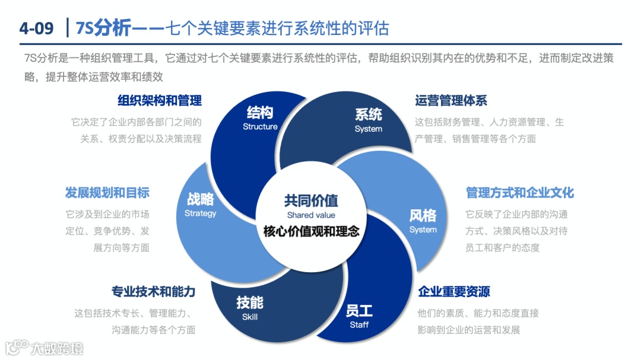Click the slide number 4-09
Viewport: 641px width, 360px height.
(36, 27)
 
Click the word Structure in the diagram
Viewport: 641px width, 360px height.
(260, 126)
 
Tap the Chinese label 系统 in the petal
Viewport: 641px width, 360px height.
(368, 114)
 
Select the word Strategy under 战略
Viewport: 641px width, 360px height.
(201, 213)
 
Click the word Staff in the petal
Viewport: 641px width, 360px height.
(359, 324)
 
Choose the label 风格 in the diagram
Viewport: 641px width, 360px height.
(423, 215)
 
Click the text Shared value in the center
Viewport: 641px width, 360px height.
(311, 215)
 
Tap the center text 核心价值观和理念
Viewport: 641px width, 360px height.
(311, 231)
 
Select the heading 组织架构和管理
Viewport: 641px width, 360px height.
(160, 101)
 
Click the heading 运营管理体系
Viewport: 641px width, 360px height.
(451, 101)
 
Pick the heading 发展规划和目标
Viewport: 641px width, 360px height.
(107, 193)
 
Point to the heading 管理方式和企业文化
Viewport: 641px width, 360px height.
(520, 193)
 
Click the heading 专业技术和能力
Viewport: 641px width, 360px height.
(153, 291)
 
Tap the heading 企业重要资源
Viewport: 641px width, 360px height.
(454, 291)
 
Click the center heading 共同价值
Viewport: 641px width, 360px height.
(311, 201)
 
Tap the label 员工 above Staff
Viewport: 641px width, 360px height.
(359, 311)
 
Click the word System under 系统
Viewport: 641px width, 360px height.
(368, 129)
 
